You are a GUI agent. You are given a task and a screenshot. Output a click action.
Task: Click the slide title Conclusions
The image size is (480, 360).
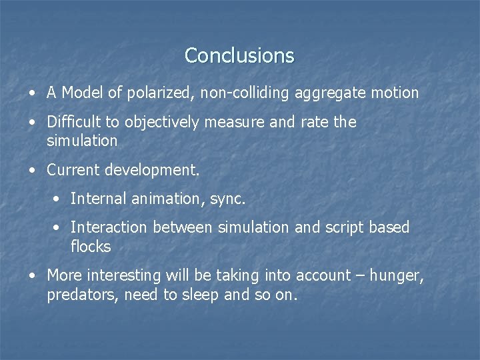239,55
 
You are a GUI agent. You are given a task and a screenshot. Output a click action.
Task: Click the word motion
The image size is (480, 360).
394,93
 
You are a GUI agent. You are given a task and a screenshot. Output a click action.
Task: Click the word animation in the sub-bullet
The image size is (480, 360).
155,199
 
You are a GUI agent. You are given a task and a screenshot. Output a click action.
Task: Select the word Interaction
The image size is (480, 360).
109,227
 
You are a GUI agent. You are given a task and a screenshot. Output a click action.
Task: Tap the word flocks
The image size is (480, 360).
91,247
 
